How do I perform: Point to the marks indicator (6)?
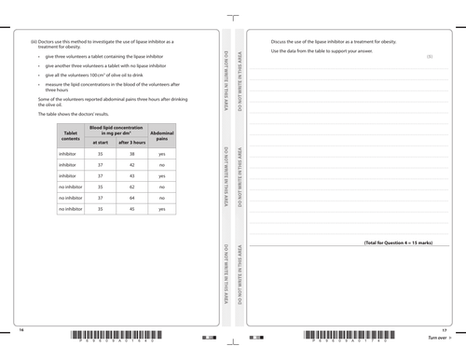[x=430, y=58]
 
